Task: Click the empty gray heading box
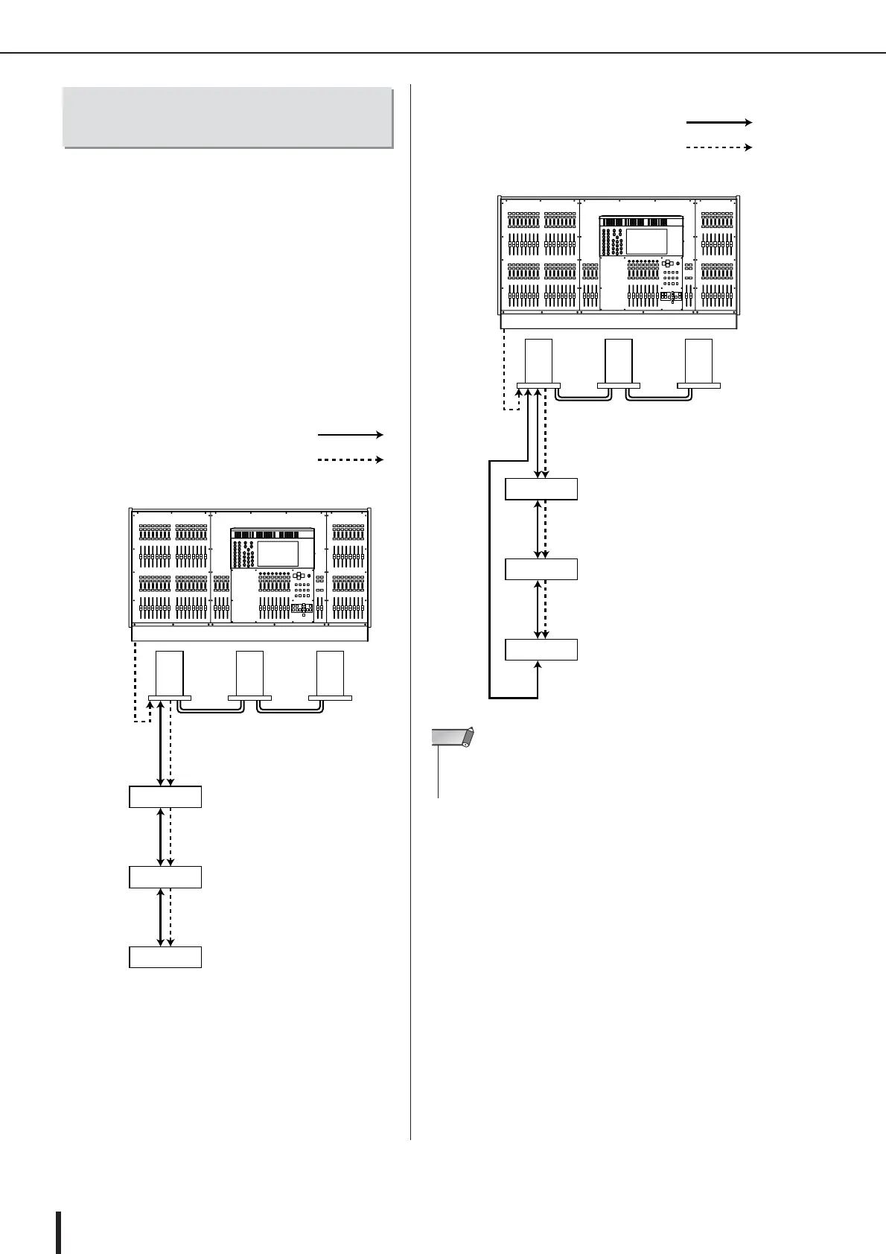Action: [227, 118]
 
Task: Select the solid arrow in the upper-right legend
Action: [718, 122]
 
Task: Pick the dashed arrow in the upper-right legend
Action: [718, 147]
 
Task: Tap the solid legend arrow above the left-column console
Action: [350, 434]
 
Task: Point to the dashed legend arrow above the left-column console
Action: [350, 460]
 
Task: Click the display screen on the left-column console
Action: [278, 553]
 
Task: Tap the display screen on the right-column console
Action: [646, 241]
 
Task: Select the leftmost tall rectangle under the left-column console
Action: [170, 673]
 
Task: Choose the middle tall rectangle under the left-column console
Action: [249, 673]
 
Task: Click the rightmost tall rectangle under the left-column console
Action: [330, 673]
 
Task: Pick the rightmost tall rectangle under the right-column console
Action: [699, 361]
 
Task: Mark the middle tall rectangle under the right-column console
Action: [619, 361]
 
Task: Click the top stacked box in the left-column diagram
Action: [165, 796]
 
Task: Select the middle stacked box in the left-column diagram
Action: [165, 876]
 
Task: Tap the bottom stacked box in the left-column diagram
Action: [165, 957]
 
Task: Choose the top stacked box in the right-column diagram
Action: [541, 488]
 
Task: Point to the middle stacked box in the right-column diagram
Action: [541, 569]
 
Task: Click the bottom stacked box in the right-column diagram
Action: [541, 649]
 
